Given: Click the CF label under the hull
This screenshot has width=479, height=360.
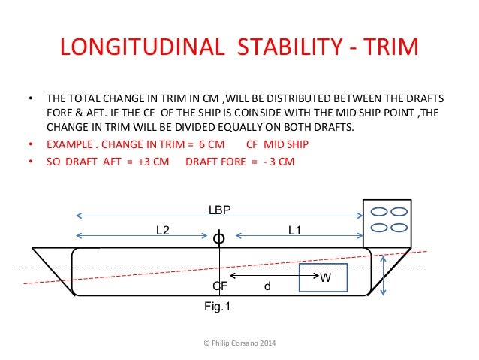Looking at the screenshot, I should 220,286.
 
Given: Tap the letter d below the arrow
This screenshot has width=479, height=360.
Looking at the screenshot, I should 268,286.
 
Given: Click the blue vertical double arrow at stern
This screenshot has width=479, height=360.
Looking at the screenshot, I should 384,276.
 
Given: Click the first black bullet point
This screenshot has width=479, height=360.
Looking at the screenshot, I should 30,98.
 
